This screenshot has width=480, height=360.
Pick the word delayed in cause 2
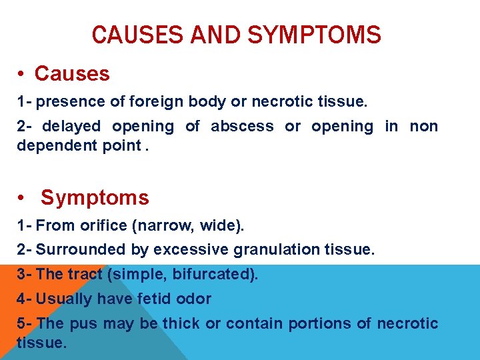(72, 126)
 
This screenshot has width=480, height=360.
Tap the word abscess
(242, 126)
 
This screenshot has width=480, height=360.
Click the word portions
(319, 323)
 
